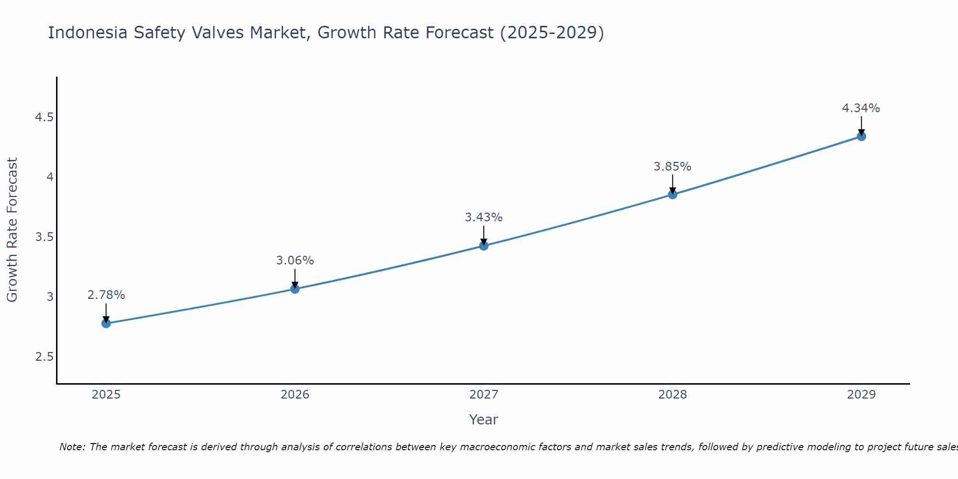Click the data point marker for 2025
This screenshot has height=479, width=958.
(106, 323)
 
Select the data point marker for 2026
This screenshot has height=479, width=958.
(295, 289)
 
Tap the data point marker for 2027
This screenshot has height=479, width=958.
(484, 246)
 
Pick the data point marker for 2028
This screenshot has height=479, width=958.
(673, 194)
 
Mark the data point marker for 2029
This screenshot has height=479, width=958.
(861, 137)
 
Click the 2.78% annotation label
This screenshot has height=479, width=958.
(106, 295)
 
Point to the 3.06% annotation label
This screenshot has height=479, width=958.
(295, 261)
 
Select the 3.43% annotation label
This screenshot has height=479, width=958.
(484, 217)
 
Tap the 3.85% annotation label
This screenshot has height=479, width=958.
(673, 167)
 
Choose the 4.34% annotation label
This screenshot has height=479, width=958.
(861, 108)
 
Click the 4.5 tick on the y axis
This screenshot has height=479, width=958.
(44, 117)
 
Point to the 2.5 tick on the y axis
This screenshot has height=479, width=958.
(44, 357)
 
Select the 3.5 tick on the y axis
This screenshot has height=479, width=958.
(44, 237)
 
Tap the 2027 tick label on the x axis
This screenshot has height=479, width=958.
(484, 395)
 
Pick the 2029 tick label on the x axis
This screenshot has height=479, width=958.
(861, 395)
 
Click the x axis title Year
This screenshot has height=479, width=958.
(484, 420)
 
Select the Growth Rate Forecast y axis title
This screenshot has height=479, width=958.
(12, 230)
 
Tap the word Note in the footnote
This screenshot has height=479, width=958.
(72, 447)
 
